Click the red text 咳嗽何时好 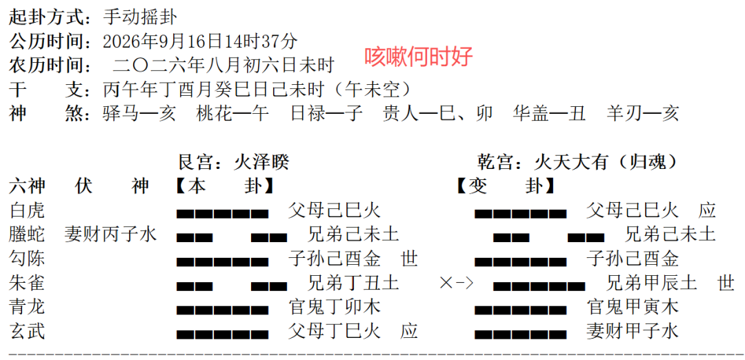coord(419,57)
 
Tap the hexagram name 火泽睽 coord(261,163)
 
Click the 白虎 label coord(27,210)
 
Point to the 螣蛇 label coord(27,234)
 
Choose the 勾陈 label coord(27,259)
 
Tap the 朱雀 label coord(27,283)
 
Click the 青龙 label coord(27,308)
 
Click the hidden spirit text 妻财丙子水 coord(110,234)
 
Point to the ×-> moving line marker coord(457,283)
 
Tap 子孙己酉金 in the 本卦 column coord(334,259)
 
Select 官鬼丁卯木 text coord(334,308)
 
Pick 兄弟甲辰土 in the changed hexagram coord(651,283)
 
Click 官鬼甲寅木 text coord(633,308)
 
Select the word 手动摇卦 coord(140,17)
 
